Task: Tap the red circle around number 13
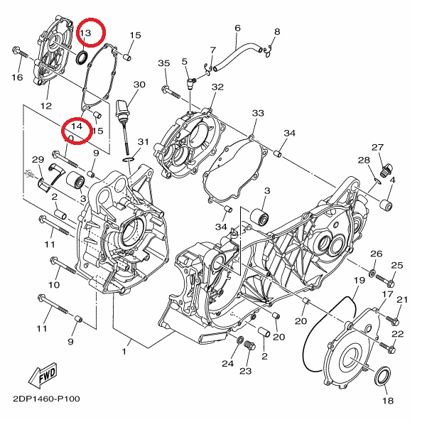(91, 32)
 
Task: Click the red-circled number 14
(77, 126)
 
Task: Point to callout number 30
(139, 85)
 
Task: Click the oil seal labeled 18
(383, 376)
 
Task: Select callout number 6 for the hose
(237, 28)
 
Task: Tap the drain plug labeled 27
(387, 171)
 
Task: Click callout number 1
(124, 352)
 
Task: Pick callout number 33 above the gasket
(258, 113)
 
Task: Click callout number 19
(360, 280)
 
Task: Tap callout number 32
(217, 87)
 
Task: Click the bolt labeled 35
(171, 92)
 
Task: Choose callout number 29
(38, 159)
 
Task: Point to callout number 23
(245, 371)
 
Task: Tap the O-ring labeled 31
(129, 158)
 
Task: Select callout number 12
(46, 106)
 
